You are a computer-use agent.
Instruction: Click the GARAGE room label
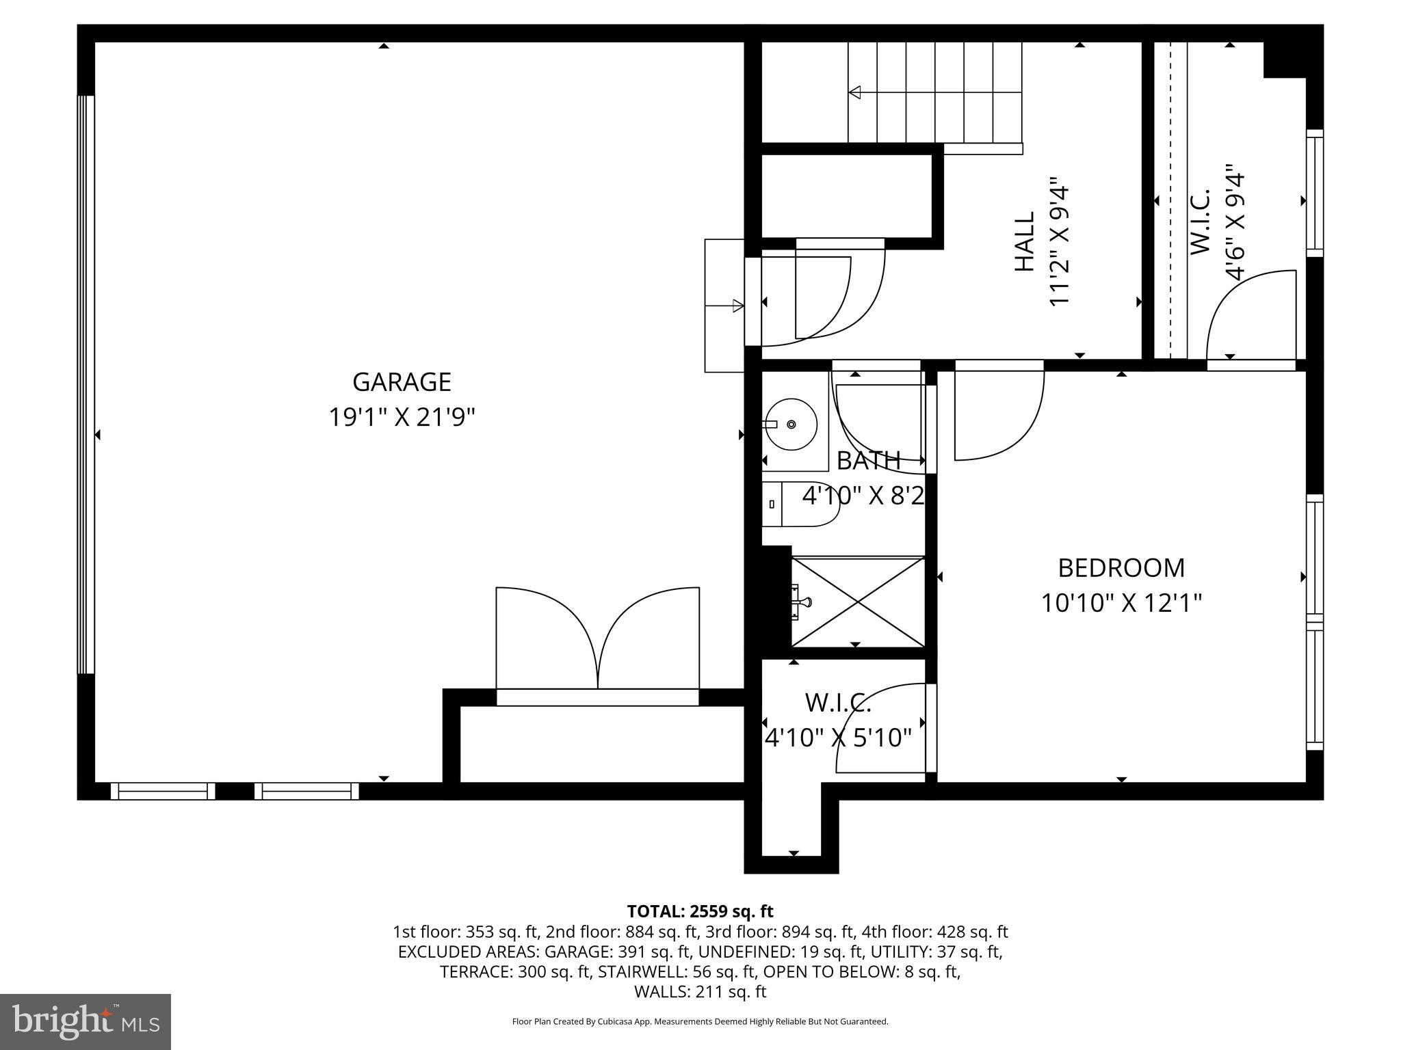[x=402, y=382]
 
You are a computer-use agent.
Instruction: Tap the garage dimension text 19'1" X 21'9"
[x=402, y=417]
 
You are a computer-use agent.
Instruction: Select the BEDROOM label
[x=1121, y=568]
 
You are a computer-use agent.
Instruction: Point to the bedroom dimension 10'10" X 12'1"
[x=1121, y=604]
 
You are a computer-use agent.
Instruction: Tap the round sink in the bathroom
[x=791, y=425]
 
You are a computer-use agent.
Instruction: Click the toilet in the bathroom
[x=800, y=504]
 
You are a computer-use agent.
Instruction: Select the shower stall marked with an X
[x=858, y=602]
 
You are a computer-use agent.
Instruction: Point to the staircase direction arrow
[x=855, y=92]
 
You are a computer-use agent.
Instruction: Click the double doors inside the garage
[x=598, y=639]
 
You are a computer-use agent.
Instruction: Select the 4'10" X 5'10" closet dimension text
[x=838, y=738]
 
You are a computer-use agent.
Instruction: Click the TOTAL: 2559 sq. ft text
[x=700, y=911]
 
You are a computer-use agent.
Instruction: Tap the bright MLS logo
[x=86, y=1021]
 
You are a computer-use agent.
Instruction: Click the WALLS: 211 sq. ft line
[x=700, y=992]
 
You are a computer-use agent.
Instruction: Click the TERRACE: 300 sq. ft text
[x=514, y=972]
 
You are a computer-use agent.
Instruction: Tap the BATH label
[x=868, y=461]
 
